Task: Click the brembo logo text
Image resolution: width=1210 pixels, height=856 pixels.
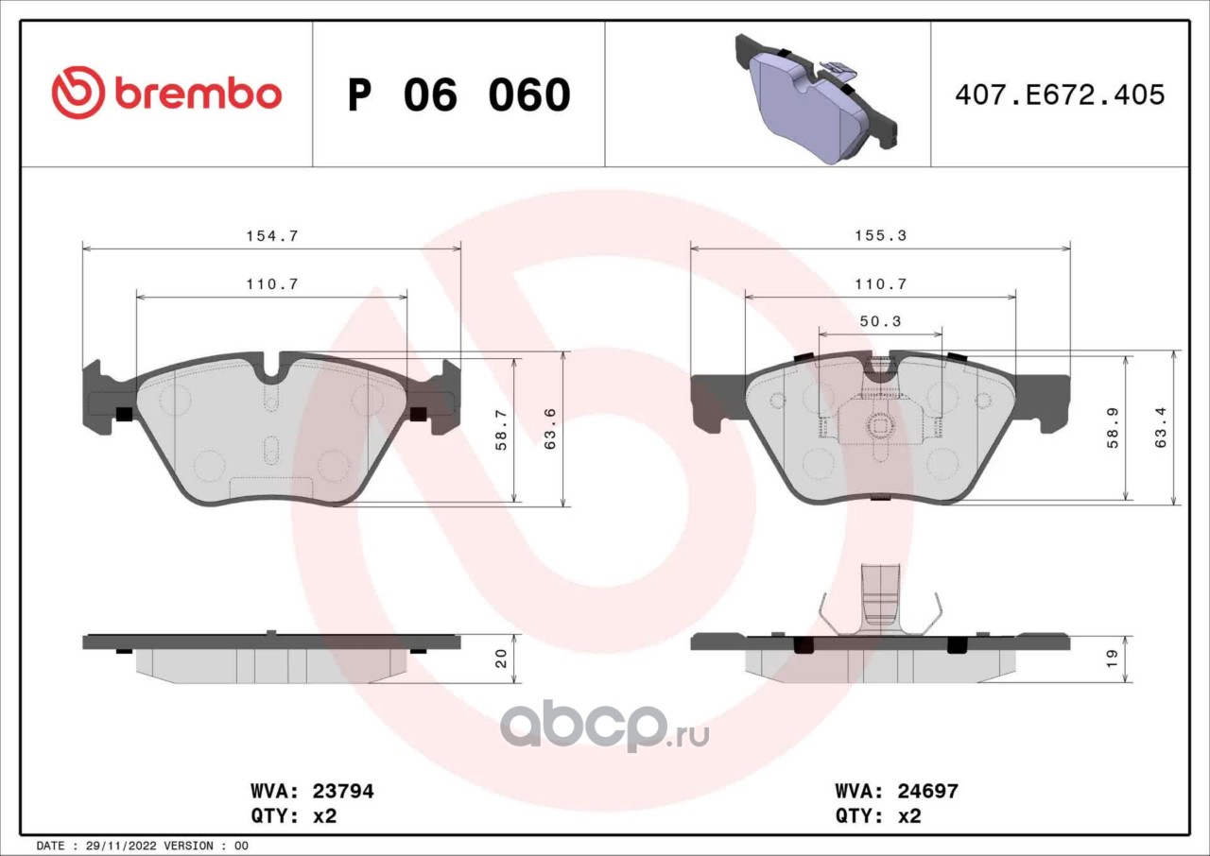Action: pos(198,94)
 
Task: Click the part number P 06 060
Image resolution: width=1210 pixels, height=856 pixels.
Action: pos(459,95)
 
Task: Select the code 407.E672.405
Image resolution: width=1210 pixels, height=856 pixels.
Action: pos(1060,95)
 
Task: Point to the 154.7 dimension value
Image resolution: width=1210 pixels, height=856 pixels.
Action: pos(272,236)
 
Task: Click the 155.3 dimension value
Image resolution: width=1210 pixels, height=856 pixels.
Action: pos(881,235)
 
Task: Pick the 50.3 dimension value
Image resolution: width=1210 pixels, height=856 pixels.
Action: pos(880,321)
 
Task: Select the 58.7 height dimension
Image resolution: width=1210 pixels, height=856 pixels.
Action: pos(501,430)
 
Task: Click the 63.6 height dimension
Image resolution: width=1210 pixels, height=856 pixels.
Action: pos(550,430)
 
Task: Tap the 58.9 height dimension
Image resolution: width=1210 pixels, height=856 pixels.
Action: pos(1113,428)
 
